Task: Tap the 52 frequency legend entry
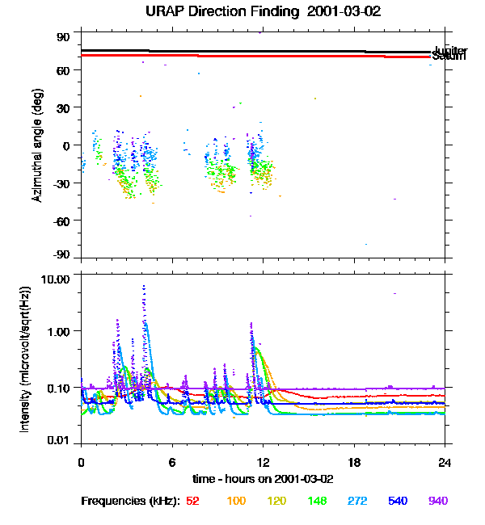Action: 192,502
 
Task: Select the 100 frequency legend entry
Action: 236,502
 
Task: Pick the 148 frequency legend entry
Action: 317,502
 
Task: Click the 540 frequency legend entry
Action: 398,502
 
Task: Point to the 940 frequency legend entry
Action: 438,502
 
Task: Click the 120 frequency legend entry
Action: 276,502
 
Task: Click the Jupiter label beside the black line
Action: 450,51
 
